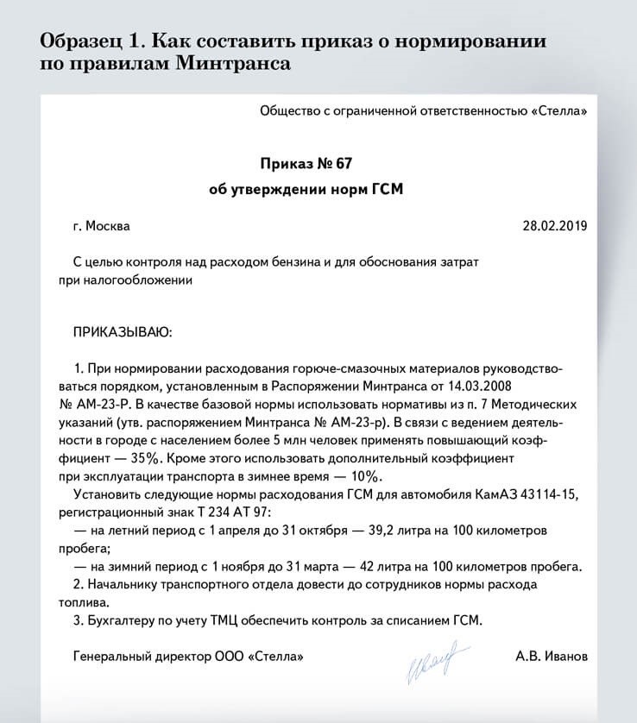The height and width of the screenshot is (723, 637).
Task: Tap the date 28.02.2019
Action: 554,226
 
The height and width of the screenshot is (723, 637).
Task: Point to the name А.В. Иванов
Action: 551,657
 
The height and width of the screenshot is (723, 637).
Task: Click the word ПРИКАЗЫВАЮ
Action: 123,330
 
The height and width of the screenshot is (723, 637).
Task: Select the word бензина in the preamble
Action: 260,261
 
